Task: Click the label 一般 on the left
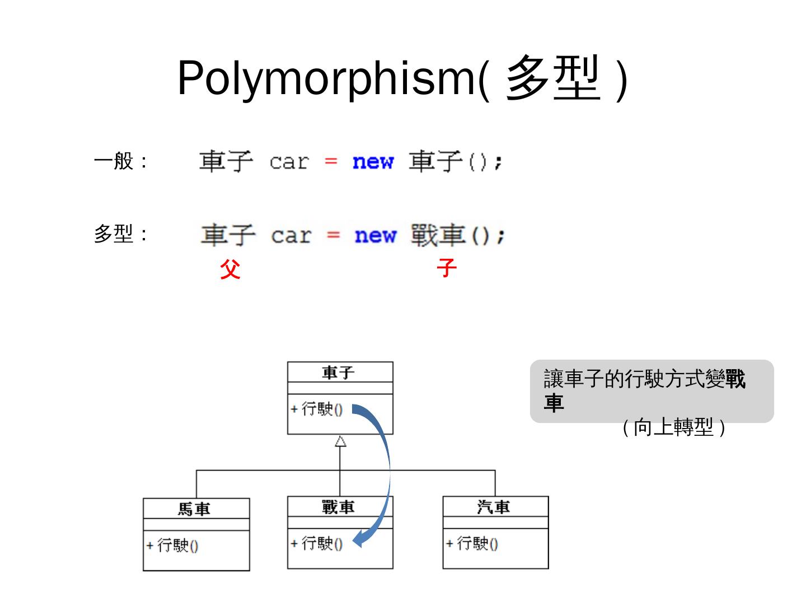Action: (x=114, y=161)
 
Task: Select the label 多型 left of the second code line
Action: (x=114, y=234)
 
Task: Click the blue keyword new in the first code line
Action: (x=373, y=162)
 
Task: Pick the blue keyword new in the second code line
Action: (x=375, y=235)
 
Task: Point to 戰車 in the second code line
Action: (x=438, y=235)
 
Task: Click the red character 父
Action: (x=230, y=269)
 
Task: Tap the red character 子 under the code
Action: (x=447, y=268)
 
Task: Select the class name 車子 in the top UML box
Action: (x=339, y=373)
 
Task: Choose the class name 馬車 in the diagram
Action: (x=194, y=509)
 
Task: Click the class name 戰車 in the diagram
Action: (x=339, y=508)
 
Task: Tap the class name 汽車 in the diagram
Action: (x=494, y=508)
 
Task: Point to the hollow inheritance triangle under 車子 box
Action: (x=340, y=441)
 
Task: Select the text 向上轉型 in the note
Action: (x=673, y=428)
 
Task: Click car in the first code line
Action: (x=289, y=162)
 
